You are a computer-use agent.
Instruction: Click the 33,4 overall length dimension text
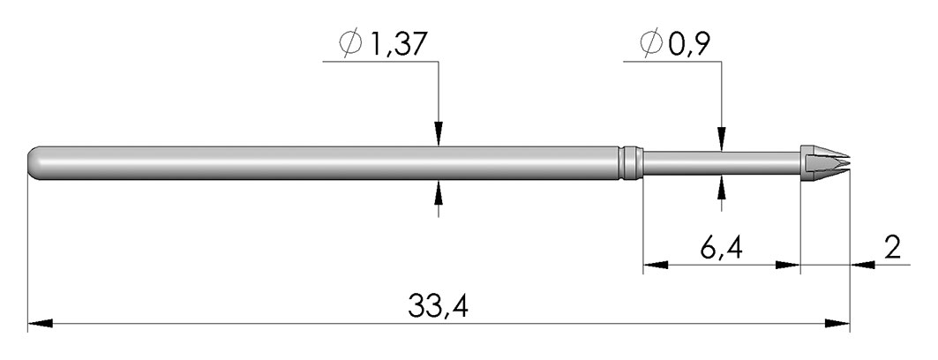pyautogui.click(x=438, y=305)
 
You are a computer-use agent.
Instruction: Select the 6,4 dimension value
pyautogui.click(x=722, y=247)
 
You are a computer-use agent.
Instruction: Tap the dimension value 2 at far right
pyautogui.click(x=892, y=247)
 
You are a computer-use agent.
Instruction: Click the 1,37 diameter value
pyautogui.click(x=398, y=45)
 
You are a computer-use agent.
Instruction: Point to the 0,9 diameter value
pyautogui.click(x=689, y=44)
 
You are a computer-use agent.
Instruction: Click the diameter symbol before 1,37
pyautogui.click(x=350, y=43)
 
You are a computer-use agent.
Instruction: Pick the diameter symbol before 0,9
pyautogui.click(x=651, y=43)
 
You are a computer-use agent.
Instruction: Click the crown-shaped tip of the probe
pyautogui.click(x=825, y=162)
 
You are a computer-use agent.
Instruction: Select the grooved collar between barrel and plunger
pyautogui.click(x=631, y=162)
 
